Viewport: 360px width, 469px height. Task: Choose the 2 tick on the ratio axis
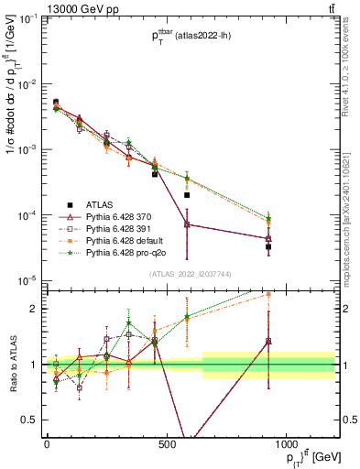pos(36,309)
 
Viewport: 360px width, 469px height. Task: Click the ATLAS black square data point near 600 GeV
pos(187,195)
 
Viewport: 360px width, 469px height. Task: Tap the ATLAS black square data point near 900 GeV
pos(268,247)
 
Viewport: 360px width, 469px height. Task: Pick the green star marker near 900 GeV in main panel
pos(268,218)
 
